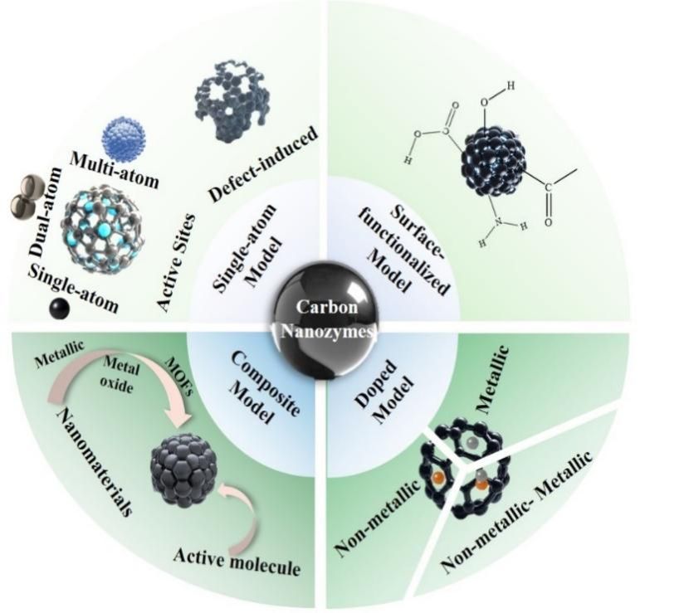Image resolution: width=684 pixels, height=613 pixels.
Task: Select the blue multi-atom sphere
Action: [x=124, y=139]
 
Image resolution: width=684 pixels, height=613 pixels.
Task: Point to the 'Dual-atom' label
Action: [x=46, y=212]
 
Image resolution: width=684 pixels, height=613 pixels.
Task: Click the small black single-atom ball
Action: [x=59, y=309]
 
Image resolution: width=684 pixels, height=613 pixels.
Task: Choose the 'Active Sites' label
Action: [x=176, y=262]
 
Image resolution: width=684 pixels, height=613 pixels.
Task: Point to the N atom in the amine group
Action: [x=499, y=223]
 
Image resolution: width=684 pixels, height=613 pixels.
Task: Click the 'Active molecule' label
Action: [x=237, y=562]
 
